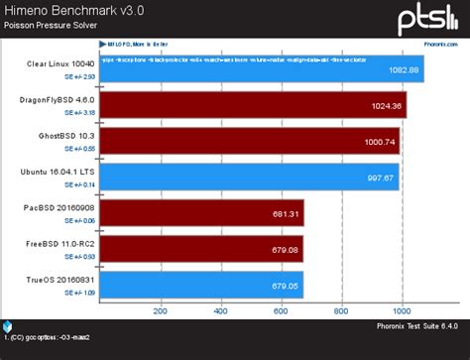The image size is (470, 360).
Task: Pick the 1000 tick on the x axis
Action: [x=402, y=310]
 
